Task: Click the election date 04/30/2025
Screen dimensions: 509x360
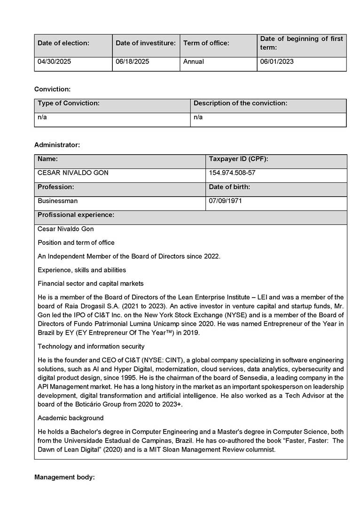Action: click(55, 62)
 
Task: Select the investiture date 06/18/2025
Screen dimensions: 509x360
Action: click(133, 62)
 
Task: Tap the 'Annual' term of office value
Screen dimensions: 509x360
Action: click(194, 62)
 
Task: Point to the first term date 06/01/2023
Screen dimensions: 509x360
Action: click(277, 62)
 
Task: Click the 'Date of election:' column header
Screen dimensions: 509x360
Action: click(63, 43)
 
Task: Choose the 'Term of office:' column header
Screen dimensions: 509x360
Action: click(206, 43)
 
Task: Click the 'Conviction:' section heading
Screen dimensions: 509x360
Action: click(52, 89)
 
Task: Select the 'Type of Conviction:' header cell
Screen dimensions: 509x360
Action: click(69, 103)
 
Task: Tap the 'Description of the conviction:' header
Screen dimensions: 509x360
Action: click(240, 103)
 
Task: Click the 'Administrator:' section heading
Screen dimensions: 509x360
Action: click(57, 145)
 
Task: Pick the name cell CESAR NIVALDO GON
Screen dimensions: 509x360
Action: click(73, 173)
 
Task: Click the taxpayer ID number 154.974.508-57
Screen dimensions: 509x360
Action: click(232, 173)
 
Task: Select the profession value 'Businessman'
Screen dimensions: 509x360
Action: click(58, 201)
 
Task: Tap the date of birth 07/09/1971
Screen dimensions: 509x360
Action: click(226, 201)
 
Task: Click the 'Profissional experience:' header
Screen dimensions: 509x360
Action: click(76, 215)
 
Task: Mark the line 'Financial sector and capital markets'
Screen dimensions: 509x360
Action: click(91, 283)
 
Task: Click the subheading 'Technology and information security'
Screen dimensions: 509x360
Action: click(91, 346)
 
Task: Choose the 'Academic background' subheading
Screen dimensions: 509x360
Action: click(70, 418)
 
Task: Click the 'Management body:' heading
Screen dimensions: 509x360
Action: click(64, 477)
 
